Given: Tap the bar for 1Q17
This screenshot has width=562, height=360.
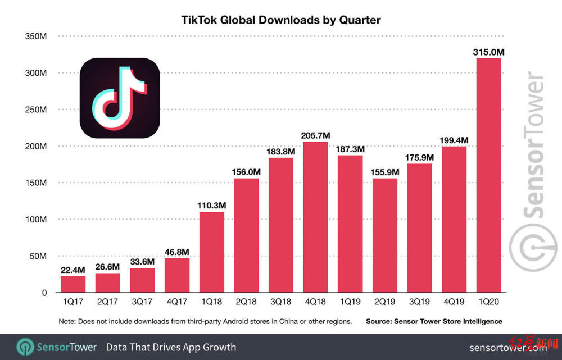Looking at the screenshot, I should click(x=73, y=284).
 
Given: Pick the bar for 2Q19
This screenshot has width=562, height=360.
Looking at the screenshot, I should click(x=384, y=235).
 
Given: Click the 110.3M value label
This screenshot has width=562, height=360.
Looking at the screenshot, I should click(x=211, y=206).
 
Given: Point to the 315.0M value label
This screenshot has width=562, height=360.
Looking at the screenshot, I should click(x=488, y=52).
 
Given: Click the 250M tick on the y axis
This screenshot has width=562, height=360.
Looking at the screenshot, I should click(x=35, y=110).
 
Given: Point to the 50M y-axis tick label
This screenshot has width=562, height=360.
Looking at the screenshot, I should click(x=37, y=256).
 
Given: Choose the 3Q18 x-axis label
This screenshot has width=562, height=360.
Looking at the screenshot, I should click(x=280, y=302).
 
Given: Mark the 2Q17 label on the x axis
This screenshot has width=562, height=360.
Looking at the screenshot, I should click(x=107, y=302).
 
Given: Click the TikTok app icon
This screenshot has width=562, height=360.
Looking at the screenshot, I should click(x=120, y=98).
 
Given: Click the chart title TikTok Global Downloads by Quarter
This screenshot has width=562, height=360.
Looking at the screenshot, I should click(x=281, y=20).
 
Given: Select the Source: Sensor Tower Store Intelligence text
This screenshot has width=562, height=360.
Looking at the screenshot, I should click(x=434, y=322).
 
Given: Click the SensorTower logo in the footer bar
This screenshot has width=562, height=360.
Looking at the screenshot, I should click(x=57, y=347).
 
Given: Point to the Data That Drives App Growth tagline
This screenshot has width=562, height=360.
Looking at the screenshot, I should click(x=171, y=347).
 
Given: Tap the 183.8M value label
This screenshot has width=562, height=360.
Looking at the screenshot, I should click(x=280, y=152).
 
